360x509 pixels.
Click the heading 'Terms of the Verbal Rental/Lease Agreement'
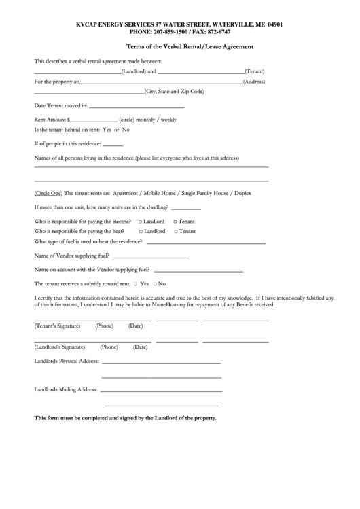[x=190, y=47]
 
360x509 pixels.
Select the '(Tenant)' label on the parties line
[x=255, y=71]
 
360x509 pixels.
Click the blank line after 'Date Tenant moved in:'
[x=137, y=107]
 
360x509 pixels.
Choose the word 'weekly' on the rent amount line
[x=168, y=120]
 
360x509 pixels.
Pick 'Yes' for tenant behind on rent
[x=106, y=129]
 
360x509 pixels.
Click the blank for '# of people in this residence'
[x=113, y=144]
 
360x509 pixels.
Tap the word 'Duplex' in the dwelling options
[x=242, y=193]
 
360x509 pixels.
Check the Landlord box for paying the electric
[x=141, y=222]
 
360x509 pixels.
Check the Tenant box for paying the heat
[x=175, y=231]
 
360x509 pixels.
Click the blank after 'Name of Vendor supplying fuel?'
[x=150, y=257]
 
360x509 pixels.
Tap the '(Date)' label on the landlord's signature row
[x=140, y=347]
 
